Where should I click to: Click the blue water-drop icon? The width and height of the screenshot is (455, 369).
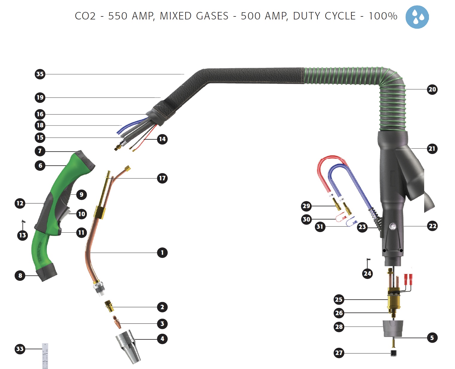417,17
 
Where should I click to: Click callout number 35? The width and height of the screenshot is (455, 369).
40,74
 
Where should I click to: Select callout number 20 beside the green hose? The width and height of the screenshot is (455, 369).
432,89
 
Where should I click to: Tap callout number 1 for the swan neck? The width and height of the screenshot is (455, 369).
162,253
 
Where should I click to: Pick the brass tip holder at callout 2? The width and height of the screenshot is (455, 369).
109,306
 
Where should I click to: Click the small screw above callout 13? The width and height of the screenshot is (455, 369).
23,222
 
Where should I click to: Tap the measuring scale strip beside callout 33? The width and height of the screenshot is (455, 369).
45,356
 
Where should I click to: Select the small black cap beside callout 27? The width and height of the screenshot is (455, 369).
394,353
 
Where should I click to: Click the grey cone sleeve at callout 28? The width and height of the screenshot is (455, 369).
393,328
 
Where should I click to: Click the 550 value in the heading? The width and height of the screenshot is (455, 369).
118,16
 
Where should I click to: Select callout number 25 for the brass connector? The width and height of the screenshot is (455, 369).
339,299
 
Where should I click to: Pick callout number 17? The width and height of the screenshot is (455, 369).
162,178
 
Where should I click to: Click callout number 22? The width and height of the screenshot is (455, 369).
432,226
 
